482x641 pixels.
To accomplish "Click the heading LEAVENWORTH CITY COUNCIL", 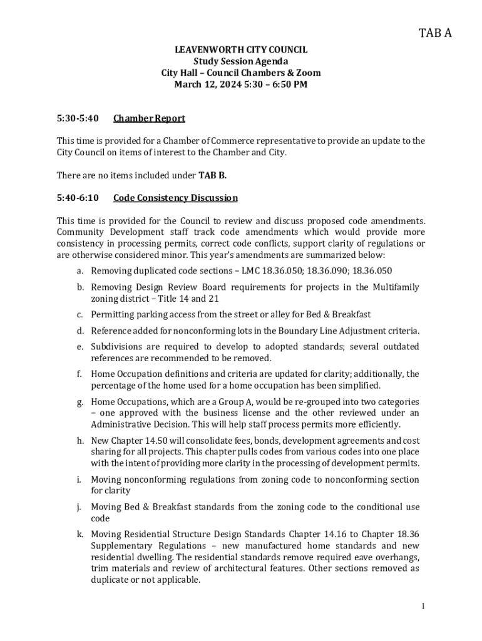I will pyautogui.click(x=241, y=49).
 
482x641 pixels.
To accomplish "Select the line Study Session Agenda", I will pyautogui.click(x=241, y=61).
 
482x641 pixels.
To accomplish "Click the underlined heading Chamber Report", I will pyautogui.click(x=149, y=118).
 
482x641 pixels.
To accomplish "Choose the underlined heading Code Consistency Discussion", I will pyautogui.click(x=175, y=198).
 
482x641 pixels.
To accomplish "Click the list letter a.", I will pyautogui.click(x=80, y=270).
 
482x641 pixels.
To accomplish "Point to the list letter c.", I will pyautogui.click(x=80, y=314).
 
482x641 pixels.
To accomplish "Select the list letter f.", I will pyautogui.click(x=79, y=374).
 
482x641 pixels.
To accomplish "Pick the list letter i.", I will pyautogui.click(x=79, y=479).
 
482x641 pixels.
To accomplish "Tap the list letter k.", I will pyautogui.click(x=80, y=534).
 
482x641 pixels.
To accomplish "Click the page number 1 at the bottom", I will pyautogui.click(x=423, y=605).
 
